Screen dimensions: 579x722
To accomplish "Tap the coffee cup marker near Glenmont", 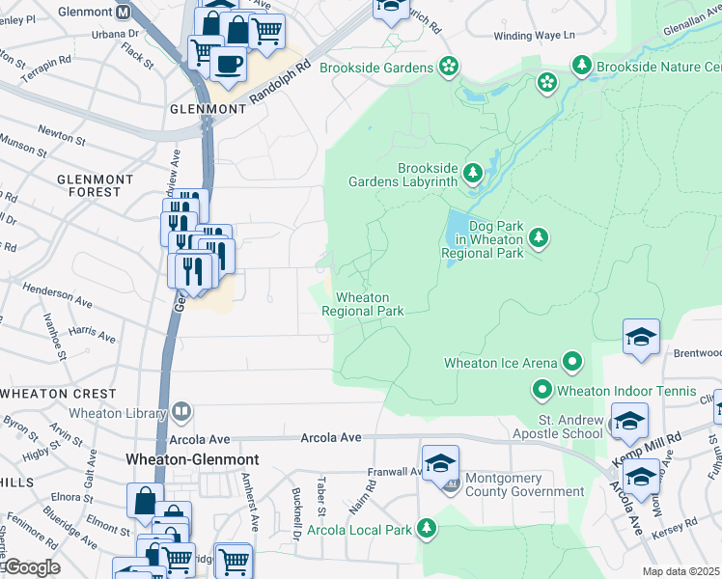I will click(x=228, y=65).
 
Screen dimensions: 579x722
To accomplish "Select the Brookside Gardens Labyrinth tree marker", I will click(x=472, y=174).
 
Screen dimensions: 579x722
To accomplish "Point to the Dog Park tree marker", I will click(x=539, y=237).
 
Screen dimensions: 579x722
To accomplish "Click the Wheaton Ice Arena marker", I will click(x=573, y=363).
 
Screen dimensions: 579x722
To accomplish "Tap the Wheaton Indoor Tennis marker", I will click(x=541, y=391).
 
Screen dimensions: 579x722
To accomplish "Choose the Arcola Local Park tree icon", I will click(x=425, y=529).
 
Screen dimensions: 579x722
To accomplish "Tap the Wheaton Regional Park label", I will click(x=362, y=304).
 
